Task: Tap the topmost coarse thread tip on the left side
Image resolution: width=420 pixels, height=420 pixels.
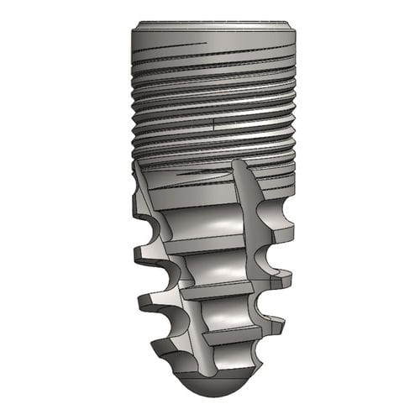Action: pos(134,203)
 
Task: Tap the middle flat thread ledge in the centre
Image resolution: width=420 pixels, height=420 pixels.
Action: pos(220,291)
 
